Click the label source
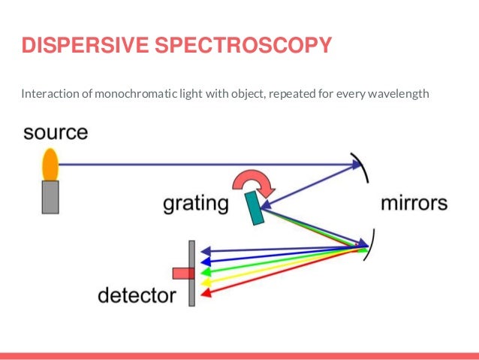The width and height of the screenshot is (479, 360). [x=56, y=134]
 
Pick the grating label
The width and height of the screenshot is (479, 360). [x=196, y=204]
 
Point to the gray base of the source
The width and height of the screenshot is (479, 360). [x=50, y=197]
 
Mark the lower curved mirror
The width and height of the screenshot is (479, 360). [x=367, y=246]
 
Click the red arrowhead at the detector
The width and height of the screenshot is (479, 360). [x=206, y=292]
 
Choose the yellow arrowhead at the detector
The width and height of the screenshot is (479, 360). [x=206, y=282]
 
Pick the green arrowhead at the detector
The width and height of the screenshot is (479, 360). [x=206, y=271]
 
